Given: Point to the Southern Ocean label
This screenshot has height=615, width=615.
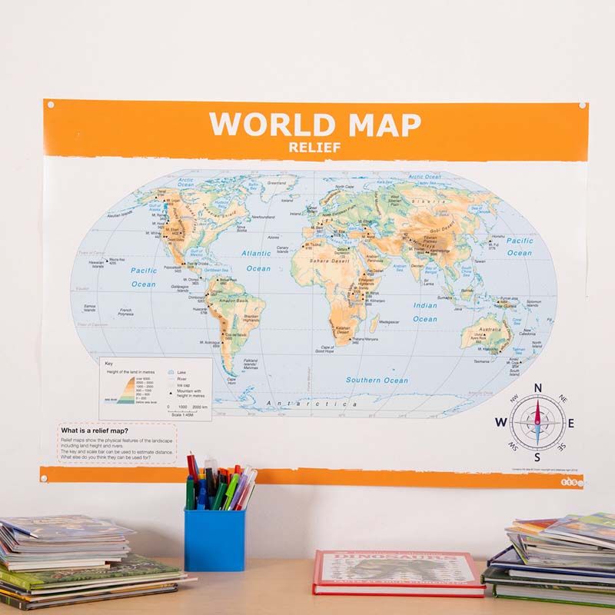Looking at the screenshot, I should point(376,380).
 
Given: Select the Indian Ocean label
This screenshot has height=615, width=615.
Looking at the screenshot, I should point(424,312).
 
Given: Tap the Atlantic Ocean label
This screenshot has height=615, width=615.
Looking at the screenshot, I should point(257,261).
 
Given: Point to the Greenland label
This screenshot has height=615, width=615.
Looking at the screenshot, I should point(276,184).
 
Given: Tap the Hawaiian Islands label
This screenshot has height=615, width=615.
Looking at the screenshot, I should point(96,264).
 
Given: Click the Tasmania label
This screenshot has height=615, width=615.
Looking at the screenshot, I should point(481,361).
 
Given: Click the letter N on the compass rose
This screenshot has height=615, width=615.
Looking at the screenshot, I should point(538,388).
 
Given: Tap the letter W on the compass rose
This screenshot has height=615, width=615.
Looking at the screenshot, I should point(501,421).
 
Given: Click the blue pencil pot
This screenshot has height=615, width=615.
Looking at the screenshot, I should point(214,538).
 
